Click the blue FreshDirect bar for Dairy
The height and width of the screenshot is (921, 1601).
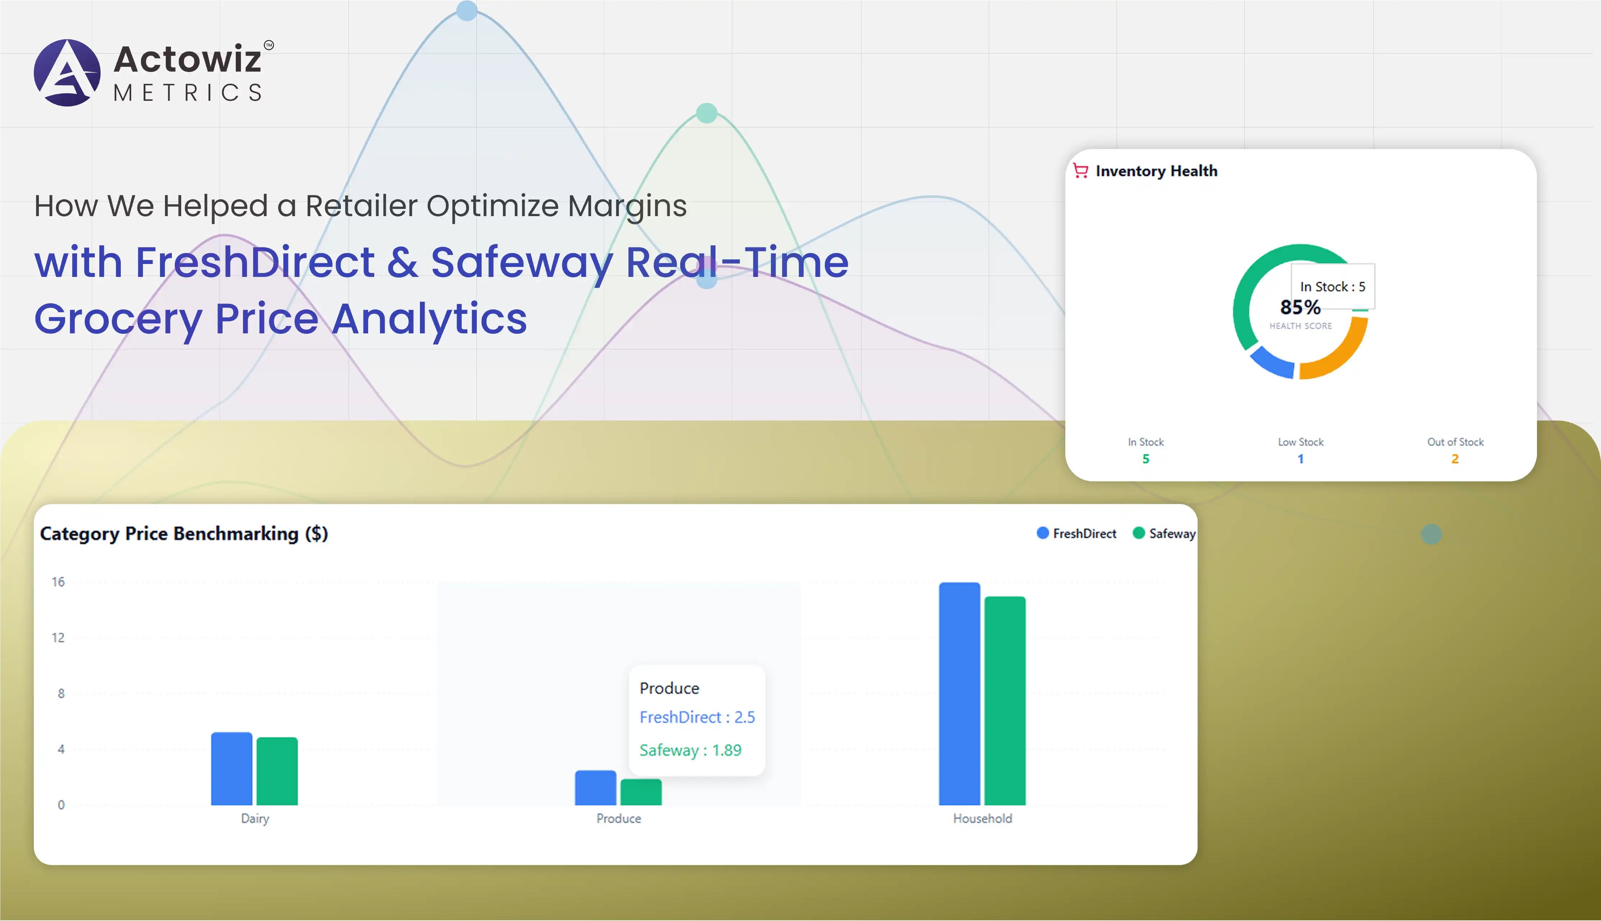pyautogui.click(x=232, y=769)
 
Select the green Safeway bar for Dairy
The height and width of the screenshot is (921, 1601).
pyautogui.click(x=277, y=771)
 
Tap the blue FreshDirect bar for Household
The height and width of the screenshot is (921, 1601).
pyautogui.click(x=959, y=694)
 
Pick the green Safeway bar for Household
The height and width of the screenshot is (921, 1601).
pyautogui.click(x=1005, y=701)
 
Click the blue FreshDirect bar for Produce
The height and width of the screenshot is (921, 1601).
pyautogui.click(x=595, y=788)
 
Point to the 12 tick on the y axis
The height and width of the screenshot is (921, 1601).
pyautogui.click(x=58, y=638)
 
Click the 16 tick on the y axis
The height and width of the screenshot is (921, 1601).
pyautogui.click(x=58, y=582)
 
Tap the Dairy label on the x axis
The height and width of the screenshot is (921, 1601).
pyautogui.click(x=255, y=819)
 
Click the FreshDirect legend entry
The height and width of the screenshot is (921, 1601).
pyautogui.click(x=1077, y=533)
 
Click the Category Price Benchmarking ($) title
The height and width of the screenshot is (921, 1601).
pyautogui.click(x=184, y=534)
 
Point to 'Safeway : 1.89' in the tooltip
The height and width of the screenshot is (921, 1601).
pyautogui.click(x=690, y=750)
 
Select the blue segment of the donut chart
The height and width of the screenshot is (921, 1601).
pyautogui.click(x=1271, y=364)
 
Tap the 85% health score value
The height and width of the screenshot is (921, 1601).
pyautogui.click(x=1301, y=307)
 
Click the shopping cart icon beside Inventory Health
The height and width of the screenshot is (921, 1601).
pyautogui.click(x=1081, y=171)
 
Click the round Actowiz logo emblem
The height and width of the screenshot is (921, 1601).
pyautogui.click(x=67, y=73)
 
